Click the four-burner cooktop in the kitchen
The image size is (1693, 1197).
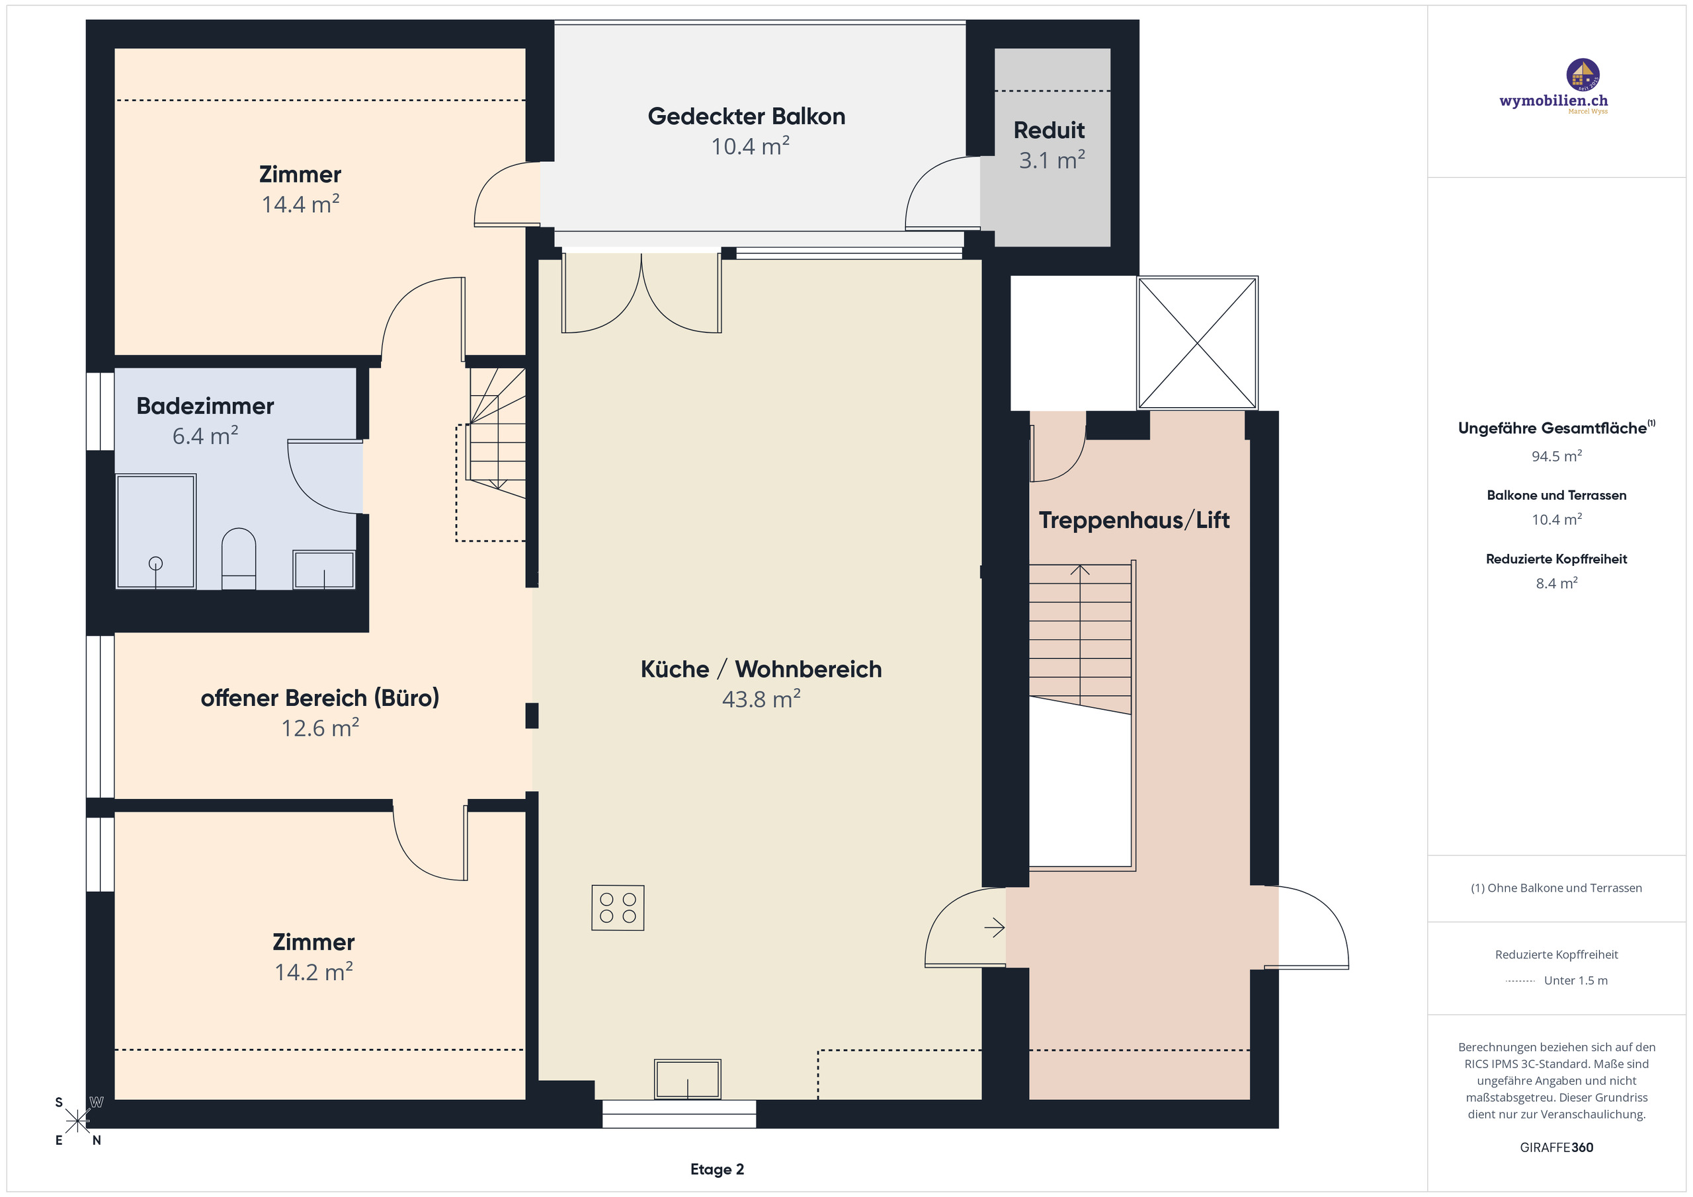[x=617, y=907]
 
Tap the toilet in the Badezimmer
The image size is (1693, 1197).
[x=238, y=557]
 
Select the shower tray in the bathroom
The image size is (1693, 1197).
[x=155, y=531]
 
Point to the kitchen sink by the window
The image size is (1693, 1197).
[x=687, y=1079]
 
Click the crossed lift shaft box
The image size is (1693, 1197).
[x=1197, y=343]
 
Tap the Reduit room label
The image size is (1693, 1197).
[x=1049, y=130]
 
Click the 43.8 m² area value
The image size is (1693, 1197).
[x=761, y=699]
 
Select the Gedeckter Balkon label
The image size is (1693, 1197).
[x=746, y=116]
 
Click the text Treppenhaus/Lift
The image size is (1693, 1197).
[x=1134, y=520]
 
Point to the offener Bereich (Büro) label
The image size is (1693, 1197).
[x=320, y=698]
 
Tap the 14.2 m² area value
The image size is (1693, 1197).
[x=313, y=972]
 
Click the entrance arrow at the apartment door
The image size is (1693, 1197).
[x=994, y=927]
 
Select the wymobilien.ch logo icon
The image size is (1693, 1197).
[x=1583, y=75]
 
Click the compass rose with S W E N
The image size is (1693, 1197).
[x=77, y=1121]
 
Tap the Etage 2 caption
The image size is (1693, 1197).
[x=717, y=1169]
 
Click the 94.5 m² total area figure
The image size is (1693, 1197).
[x=1556, y=456]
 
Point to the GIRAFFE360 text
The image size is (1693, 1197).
[x=1556, y=1147]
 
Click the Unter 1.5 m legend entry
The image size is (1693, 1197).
[x=1575, y=980]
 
